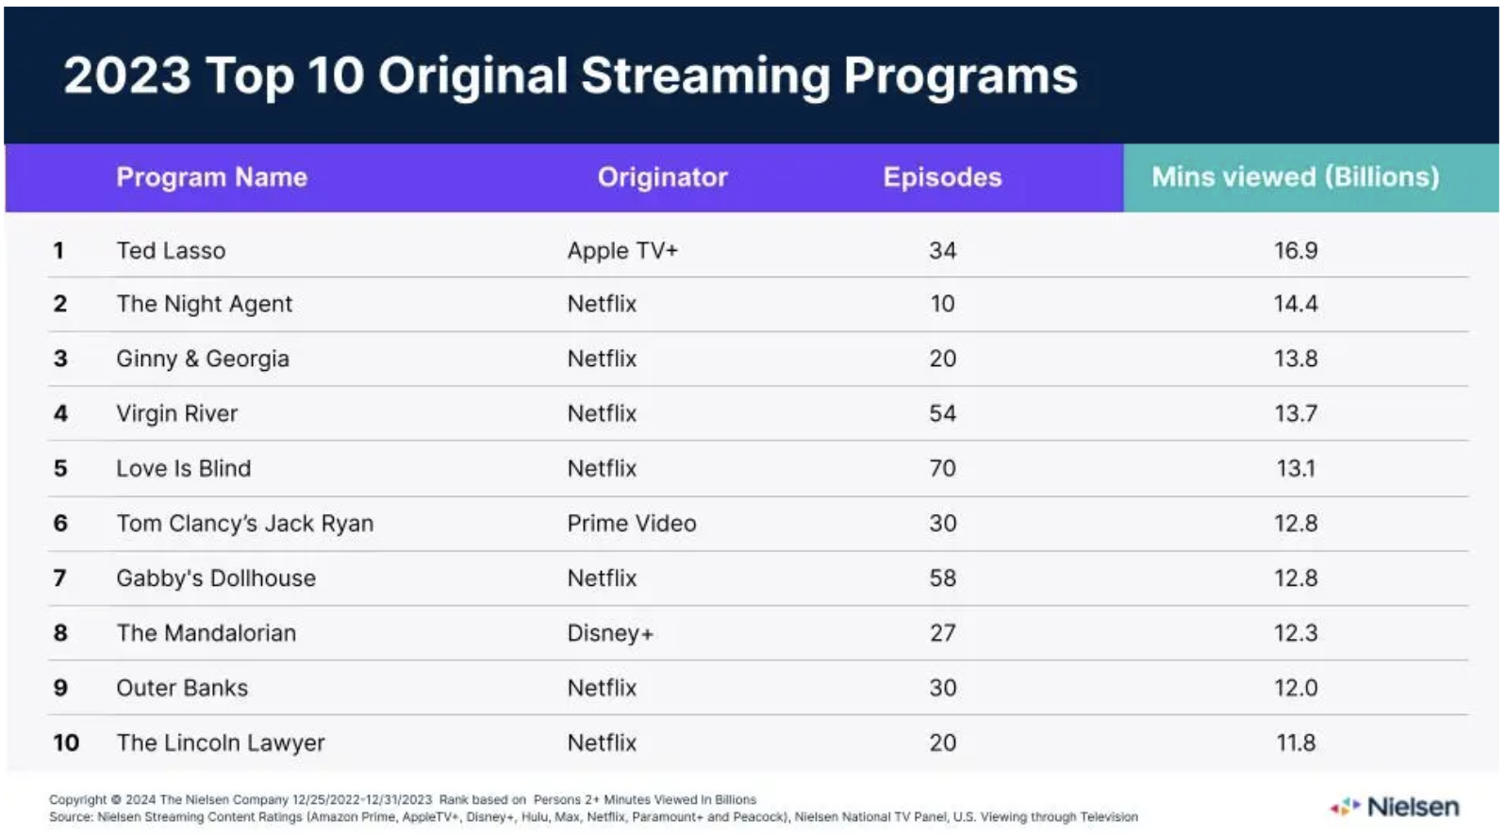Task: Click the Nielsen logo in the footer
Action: pyautogui.click(x=1396, y=808)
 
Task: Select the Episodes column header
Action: pyautogui.click(x=942, y=177)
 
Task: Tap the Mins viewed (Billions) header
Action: pyautogui.click(x=1296, y=177)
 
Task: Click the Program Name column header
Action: pyautogui.click(x=212, y=177)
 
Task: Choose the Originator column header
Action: pyautogui.click(x=663, y=177)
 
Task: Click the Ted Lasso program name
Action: pyautogui.click(x=171, y=251)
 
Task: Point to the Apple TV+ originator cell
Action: pyautogui.click(x=622, y=251)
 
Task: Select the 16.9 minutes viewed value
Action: pyautogui.click(x=1296, y=251)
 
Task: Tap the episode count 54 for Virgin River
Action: pyautogui.click(x=942, y=413)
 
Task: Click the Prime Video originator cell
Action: pyautogui.click(x=632, y=524)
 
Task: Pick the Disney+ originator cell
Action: pyautogui.click(x=610, y=633)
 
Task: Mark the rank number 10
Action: pyautogui.click(x=66, y=744)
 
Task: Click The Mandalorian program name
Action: pyautogui.click(x=207, y=633)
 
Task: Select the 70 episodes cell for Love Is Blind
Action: pyautogui.click(x=942, y=469)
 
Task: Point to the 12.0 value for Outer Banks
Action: pyautogui.click(x=1296, y=688)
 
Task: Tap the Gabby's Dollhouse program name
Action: pyautogui.click(x=216, y=578)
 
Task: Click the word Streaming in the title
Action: pyautogui.click(x=704, y=76)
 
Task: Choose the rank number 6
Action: pyautogui.click(x=60, y=524)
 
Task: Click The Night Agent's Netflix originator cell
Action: pyautogui.click(x=602, y=304)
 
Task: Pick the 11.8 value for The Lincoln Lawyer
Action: pyautogui.click(x=1296, y=744)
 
